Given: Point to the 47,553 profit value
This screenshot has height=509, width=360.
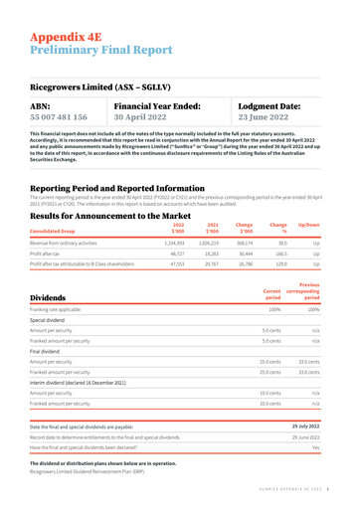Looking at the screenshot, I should pos(200,265).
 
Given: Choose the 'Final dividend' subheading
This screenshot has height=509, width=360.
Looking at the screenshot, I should pos(51,378).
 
